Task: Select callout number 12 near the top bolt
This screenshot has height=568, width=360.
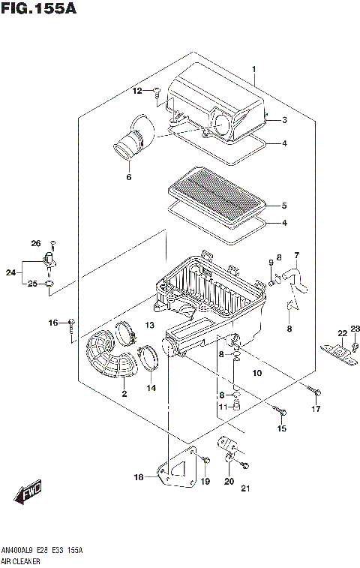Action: [x=137, y=91]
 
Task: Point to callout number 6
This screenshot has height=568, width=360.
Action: [x=128, y=178]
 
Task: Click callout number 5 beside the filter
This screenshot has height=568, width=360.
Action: [x=284, y=205]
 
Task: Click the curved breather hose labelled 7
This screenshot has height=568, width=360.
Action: [x=295, y=278]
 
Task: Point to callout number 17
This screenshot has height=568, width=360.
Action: [x=316, y=409]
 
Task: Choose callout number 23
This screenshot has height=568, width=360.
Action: [x=355, y=328]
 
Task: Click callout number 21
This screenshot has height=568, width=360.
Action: [x=244, y=490]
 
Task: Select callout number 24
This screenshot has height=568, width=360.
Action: [x=10, y=272]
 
